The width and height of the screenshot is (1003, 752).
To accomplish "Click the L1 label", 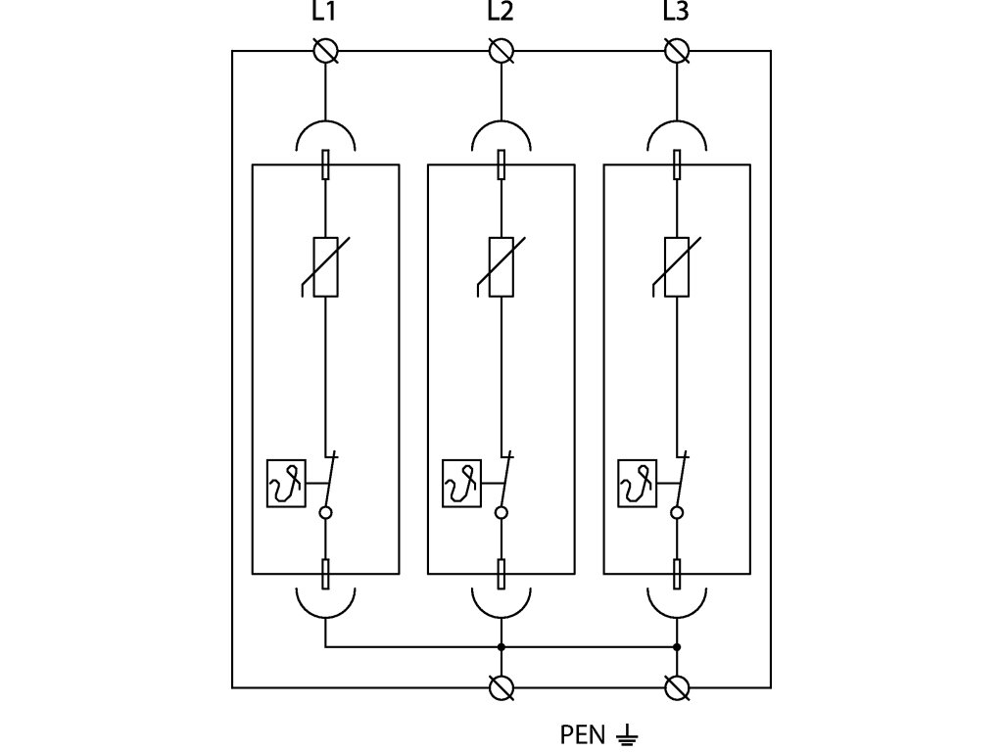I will tap(324, 13).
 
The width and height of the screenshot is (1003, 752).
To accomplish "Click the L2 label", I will tap(501, 13).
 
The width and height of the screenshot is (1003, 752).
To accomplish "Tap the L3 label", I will tap(676, 13).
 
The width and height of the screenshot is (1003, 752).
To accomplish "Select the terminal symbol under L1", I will tap(325, 51).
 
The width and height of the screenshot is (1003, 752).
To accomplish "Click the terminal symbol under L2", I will tap(501, 51).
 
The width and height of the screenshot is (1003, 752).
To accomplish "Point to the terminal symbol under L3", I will tap(677, 51).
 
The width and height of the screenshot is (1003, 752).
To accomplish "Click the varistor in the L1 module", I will tap(325, 266).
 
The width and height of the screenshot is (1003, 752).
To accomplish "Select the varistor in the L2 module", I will tap(501, 266).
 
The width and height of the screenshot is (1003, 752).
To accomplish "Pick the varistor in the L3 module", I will tap(677, 266).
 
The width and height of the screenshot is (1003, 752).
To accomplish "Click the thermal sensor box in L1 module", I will tap(286, 483).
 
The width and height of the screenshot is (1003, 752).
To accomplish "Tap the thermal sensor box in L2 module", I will tap(461, 483).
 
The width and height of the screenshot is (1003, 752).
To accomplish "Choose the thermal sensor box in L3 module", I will tap(638, 483).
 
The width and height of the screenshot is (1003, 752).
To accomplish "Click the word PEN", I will tap(583, 734).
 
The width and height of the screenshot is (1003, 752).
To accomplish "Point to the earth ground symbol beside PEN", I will tap(628, 734).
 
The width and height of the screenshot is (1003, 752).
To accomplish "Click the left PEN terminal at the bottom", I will tap(501, 688).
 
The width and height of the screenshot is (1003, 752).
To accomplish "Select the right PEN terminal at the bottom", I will tap(677, 688).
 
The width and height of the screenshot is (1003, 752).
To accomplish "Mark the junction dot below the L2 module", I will tap(501, 647).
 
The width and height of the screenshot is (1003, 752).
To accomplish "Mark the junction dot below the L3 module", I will tap(677, 647).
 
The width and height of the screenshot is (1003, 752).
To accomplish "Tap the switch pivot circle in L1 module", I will tap(326, 512).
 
